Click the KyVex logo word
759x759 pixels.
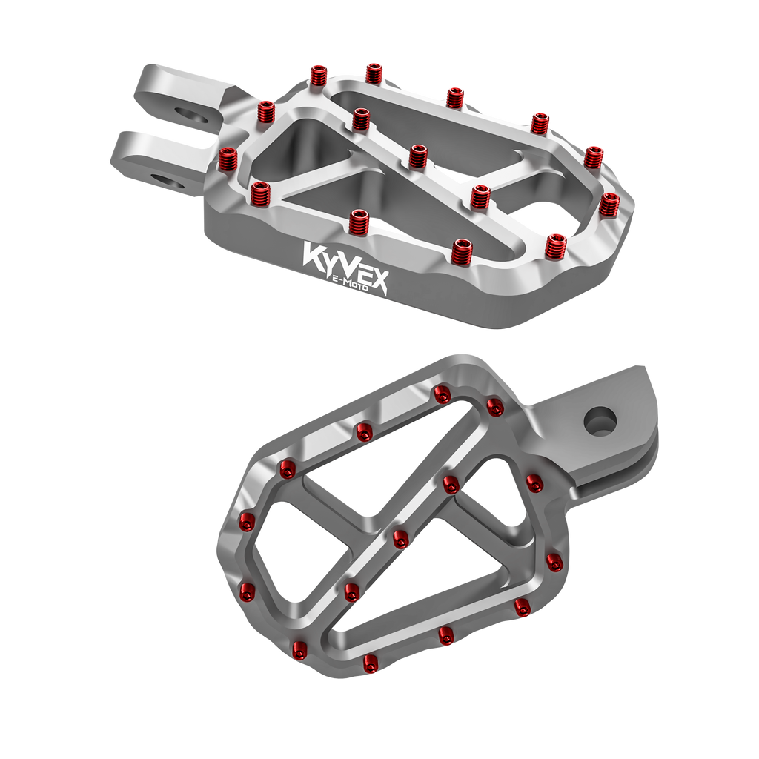(345, 266)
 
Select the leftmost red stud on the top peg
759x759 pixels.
(227, 160)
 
